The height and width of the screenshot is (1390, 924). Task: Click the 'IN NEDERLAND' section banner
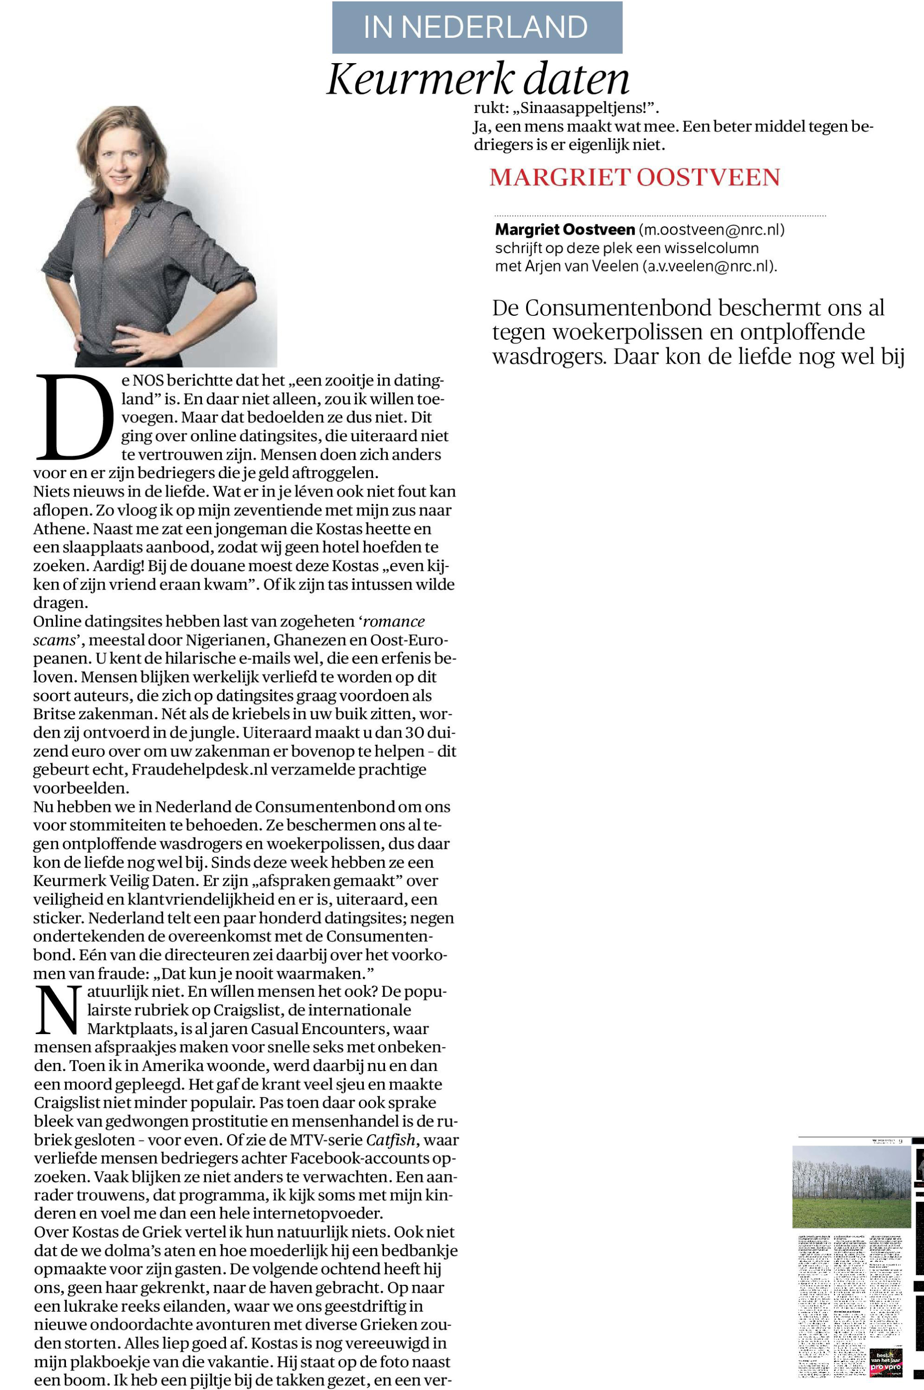[x=477, y=27]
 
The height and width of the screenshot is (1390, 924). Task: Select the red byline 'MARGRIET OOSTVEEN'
[x=634, y=178]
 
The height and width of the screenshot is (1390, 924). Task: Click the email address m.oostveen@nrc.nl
[x=712, y=229]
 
